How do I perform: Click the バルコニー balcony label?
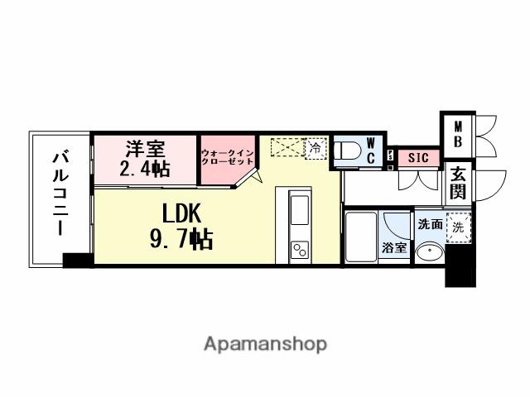tap(60, 193)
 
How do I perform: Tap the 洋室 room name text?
tap(145, 151)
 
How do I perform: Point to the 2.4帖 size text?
tap(145, 170)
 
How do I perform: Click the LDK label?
tap(181, 213)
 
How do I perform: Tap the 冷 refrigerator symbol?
tap(315, 147)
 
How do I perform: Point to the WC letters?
tap(371, 150)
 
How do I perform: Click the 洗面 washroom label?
tap(429, 224)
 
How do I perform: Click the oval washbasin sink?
tap(429, 253)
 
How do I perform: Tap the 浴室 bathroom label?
tap(394, 246)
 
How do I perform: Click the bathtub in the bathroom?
tap(362, 237)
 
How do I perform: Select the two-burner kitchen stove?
tap(299, 248)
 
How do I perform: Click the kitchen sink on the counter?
tap(299, 207)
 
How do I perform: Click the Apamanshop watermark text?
tap(265, 343)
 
